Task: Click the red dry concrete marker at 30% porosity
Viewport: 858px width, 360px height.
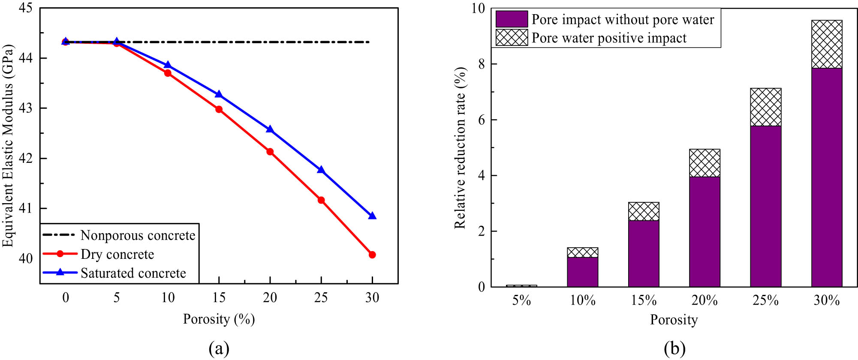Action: click(372, 255)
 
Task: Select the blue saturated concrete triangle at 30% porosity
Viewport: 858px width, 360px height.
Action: click(372, 216)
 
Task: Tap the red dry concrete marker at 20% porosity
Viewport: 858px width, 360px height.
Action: click(270, 152)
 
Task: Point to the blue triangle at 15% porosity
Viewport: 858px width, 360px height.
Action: click(219, 94)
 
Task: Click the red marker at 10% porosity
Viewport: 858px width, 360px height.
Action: click(168, 73)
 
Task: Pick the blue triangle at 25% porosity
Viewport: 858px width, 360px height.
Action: click(321, 170)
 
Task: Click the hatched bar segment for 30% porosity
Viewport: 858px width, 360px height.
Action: click(827, 44)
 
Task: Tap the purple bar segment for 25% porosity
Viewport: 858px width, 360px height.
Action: click(766, 206)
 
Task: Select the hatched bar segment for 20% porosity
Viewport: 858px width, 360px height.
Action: click(704, 163)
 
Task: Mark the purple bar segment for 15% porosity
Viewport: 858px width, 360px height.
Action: click(644, 253)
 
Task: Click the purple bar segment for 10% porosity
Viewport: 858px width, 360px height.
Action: click(582, 272)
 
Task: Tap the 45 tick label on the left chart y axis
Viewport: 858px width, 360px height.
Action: click(25, 8)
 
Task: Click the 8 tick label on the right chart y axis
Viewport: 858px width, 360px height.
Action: click(481, 64)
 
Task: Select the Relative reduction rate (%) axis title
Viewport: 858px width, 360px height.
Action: click(460, 148)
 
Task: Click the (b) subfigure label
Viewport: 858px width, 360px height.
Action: click(674, 349)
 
